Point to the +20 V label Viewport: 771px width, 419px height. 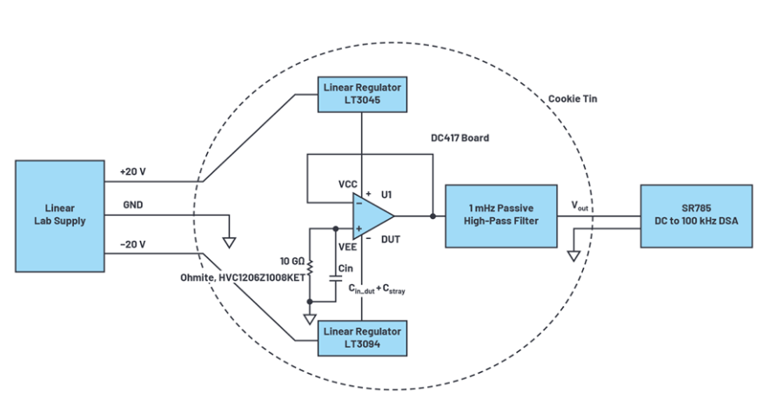pos(133,172)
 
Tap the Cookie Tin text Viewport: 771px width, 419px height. pos(573,99)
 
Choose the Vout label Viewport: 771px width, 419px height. pos(579,205)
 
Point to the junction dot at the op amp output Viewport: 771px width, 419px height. pos(432,215)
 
